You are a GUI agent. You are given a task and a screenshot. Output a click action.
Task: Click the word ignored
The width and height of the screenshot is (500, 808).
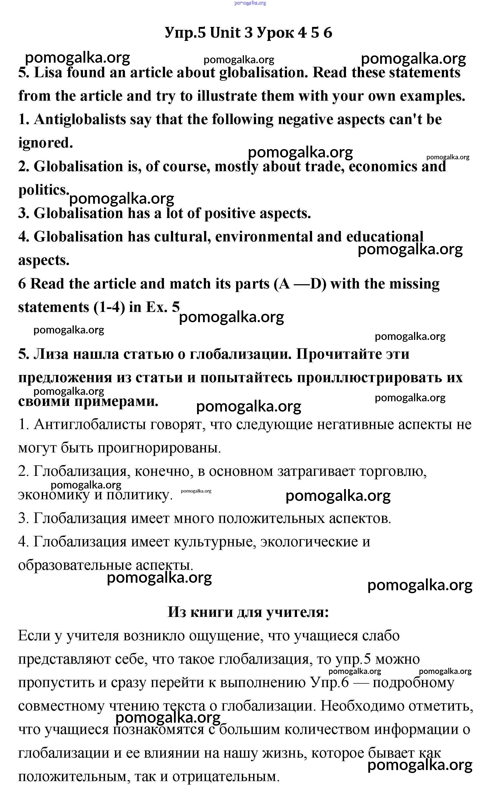(45, 143)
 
